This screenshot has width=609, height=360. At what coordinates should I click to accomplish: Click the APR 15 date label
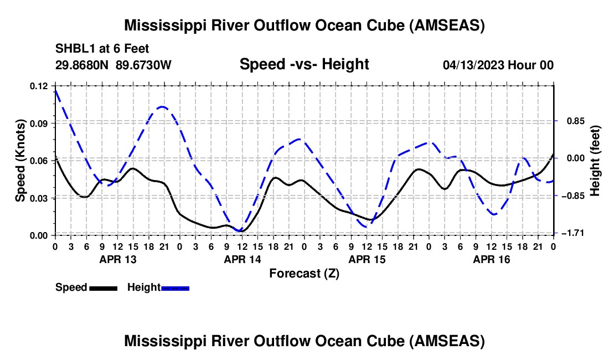(366, 259)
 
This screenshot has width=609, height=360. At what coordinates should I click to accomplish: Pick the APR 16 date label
(491, 259)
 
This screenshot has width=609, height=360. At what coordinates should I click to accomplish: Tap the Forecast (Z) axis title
(304, 273)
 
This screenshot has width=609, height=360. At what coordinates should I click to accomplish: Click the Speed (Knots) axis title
(20, 160)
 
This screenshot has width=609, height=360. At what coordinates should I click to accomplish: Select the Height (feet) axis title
(596, 160)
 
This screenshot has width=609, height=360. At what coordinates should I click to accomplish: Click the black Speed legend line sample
(103, 288)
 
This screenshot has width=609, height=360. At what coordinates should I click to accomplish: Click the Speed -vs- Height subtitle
(304, 64)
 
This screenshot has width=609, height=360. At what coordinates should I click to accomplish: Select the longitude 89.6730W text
(144, 65)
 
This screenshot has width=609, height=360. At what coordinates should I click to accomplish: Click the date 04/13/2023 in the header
(473, 65)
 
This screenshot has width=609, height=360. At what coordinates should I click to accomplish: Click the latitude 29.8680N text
(82, 65)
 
